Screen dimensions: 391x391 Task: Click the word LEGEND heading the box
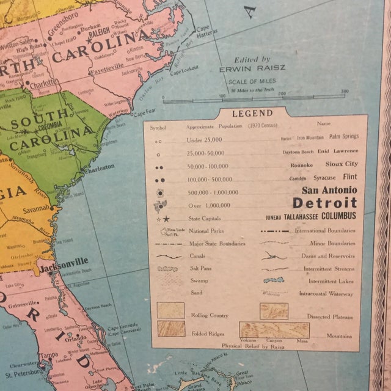(252, 114)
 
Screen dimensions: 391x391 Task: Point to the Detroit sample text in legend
(324, 203)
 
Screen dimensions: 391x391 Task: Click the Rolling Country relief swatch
(170, 310)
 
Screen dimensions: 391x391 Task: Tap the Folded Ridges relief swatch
(170, 329)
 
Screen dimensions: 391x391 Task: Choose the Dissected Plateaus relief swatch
(274, 311)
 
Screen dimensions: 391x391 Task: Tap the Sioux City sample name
(343, 164)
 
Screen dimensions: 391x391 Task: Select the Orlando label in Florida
(76, 337)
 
